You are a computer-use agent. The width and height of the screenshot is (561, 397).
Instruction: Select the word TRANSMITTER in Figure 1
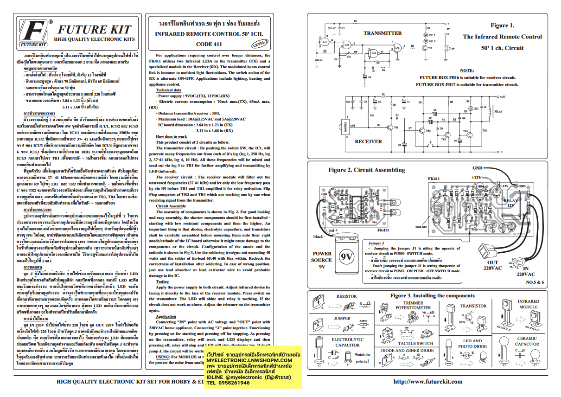(382, 33)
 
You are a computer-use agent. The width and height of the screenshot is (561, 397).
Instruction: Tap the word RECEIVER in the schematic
(368, 141)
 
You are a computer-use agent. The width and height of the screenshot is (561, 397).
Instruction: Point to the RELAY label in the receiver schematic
(498, 111)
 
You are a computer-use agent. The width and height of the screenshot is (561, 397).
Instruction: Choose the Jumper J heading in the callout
(376, 243)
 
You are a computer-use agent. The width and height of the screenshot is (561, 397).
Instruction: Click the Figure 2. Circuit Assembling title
(366, 170)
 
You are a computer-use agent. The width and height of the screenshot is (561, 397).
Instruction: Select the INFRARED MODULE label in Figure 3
(528, 304)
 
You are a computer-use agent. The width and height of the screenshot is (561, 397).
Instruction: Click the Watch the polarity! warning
(363, 357)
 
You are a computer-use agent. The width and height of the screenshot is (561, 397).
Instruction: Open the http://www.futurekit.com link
(428, 382)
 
